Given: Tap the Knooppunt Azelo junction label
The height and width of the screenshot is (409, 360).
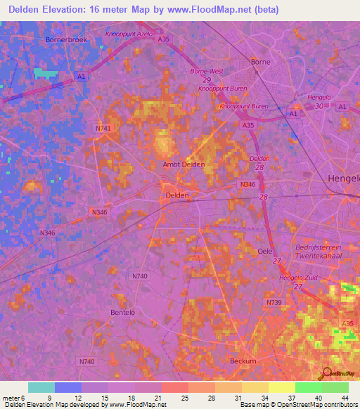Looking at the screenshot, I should click(x=128, y=34).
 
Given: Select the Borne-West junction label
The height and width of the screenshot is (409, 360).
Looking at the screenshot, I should click(x=206, y=72).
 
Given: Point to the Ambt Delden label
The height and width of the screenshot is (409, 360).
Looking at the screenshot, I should click(x=184, y=164).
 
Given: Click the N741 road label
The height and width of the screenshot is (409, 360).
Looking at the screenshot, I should click(x=103, y=128).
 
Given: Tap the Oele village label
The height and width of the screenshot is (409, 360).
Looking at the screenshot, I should click(x=265, y=251).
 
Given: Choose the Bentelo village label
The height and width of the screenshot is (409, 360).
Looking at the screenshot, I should click(x=122, y=311).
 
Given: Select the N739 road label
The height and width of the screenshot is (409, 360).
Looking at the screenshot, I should click(x=274, y=301).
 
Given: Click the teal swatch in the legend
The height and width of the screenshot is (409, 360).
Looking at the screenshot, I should click(x=41, y=387).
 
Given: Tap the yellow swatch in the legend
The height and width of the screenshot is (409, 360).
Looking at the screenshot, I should click(x=281, y=387).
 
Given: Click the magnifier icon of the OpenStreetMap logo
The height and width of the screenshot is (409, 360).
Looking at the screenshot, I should click(x=326, y=373).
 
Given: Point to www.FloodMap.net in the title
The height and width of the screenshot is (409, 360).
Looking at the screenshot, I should click(x=213, y=9).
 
